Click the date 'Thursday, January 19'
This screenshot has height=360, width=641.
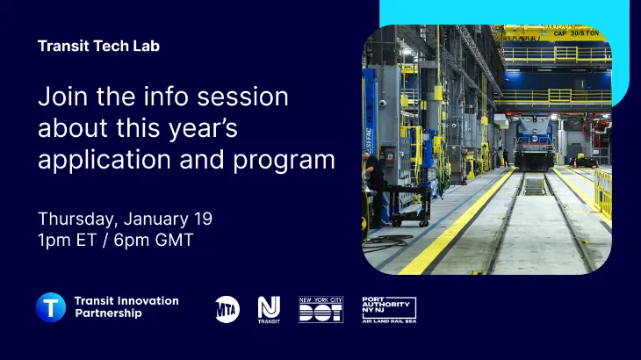(x=125, y=219)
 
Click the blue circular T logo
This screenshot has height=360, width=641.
(x=51, y=307)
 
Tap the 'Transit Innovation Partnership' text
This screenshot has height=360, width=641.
(x=126, y=307)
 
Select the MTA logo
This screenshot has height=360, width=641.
(x=227, y=308)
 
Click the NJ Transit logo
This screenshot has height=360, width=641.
(x=269, y=308)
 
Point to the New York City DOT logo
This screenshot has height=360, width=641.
(x=320, y=308)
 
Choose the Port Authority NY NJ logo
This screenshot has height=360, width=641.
(x=388, y=308)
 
